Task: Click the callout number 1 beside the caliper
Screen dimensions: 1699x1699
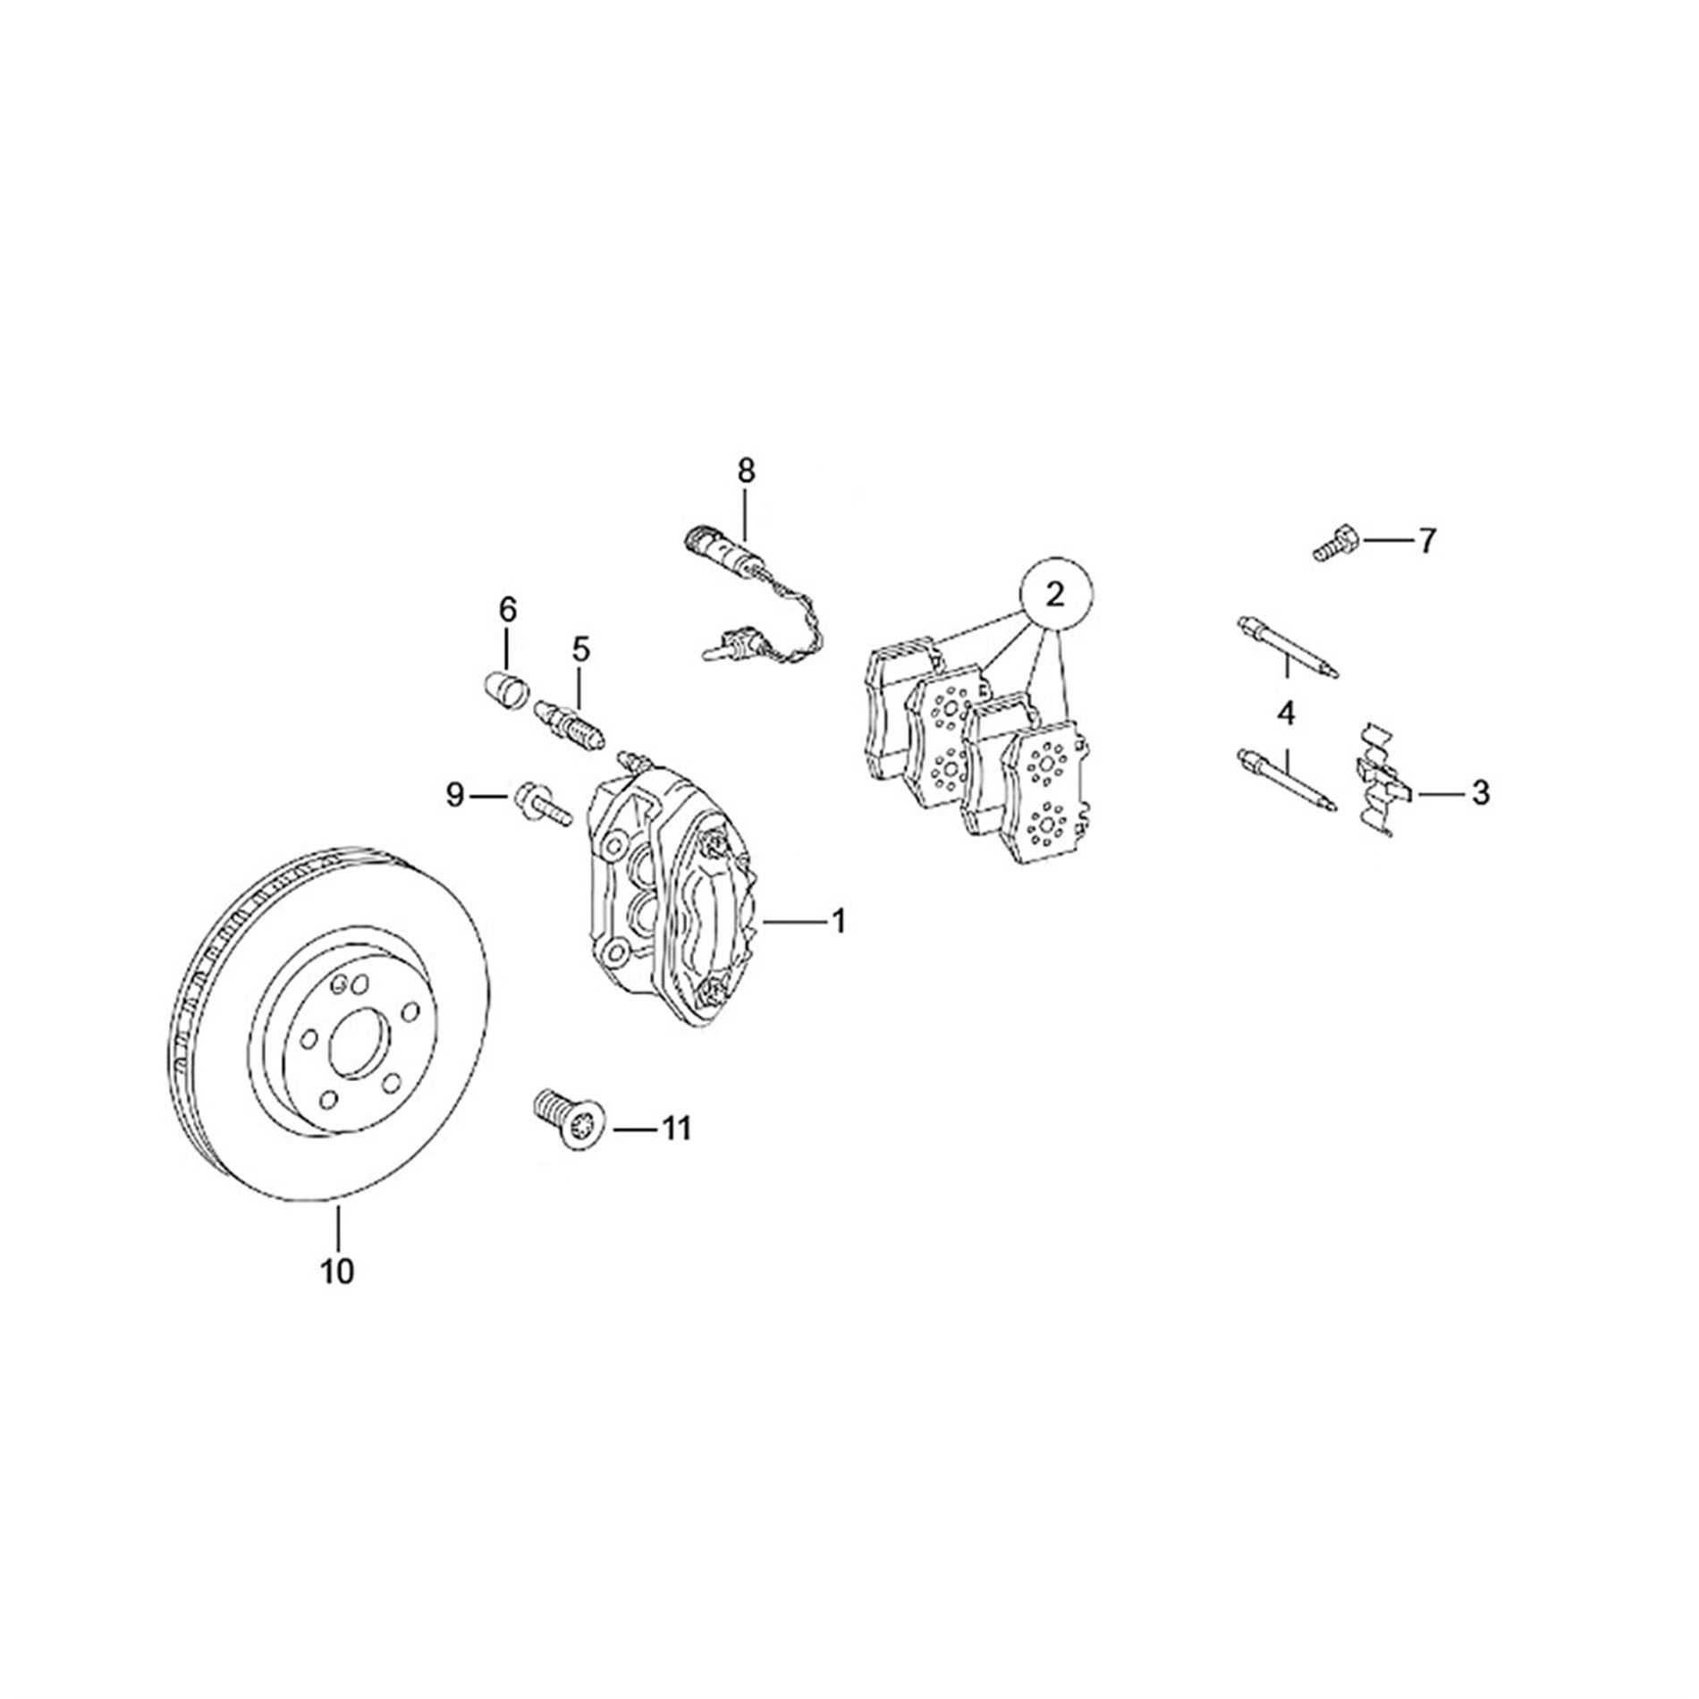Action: [x=838, y=921]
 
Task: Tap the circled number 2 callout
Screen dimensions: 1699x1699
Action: [x=1056, y=594]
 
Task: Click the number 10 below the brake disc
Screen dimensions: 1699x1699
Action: [x=338, y=1271]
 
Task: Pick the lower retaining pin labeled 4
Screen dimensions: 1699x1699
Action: [x=1284, y=779]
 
